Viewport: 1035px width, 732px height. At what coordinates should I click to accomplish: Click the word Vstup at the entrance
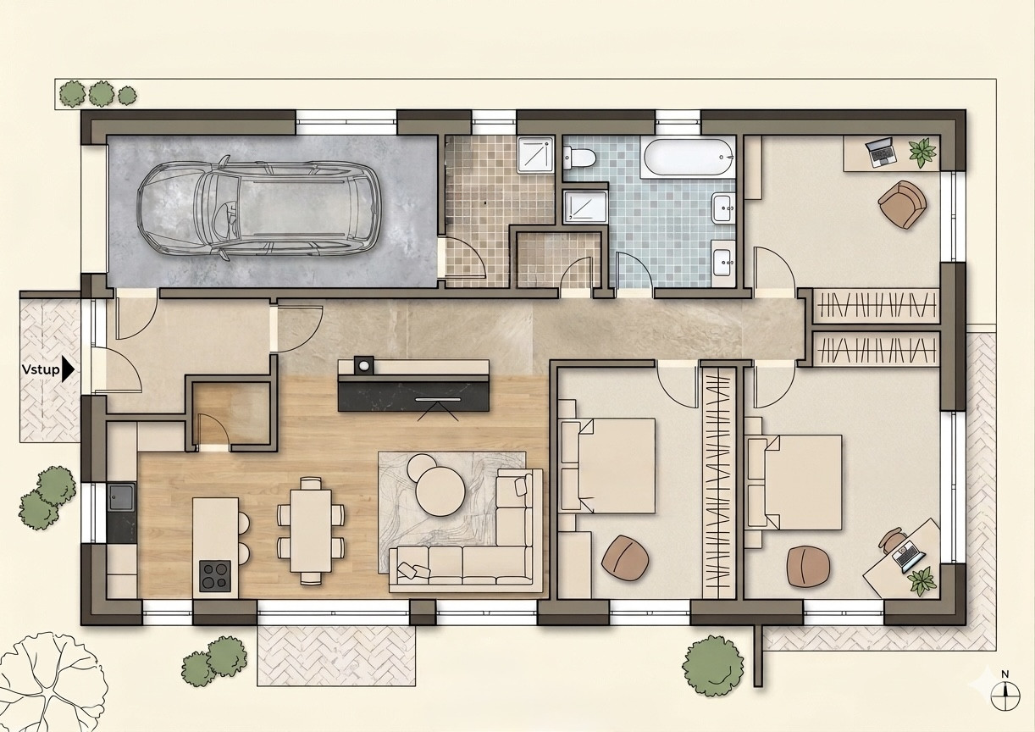coord(41,369)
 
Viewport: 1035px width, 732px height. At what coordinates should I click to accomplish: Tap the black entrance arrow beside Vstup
coord(68,369)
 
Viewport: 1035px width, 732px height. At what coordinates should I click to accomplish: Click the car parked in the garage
coord(259,208)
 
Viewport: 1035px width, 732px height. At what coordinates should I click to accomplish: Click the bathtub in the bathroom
coord(688,158)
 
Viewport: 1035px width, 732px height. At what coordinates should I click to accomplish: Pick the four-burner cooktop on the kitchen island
coord(215,576)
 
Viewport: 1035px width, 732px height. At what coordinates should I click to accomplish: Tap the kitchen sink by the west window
coord(122,496)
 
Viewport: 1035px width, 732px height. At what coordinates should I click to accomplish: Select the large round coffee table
coord(440,491)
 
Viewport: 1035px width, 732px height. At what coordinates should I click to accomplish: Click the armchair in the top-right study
coord(902,204)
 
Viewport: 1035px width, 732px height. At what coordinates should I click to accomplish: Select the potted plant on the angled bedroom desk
coord(922,581)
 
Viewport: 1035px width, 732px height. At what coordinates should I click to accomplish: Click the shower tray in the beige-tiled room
coord(536,155)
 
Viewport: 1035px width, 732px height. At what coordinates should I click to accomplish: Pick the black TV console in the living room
coord(413,396)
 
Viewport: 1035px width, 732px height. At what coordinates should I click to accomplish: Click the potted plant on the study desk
coord(922,152)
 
